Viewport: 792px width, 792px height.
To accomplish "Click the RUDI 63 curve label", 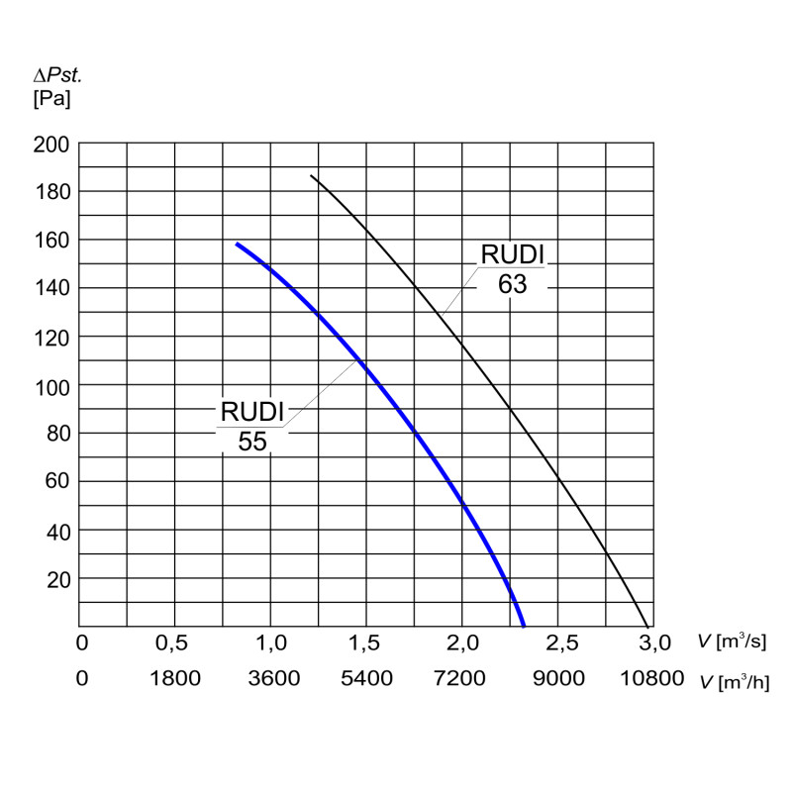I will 512,268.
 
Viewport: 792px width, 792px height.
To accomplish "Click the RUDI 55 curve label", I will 252,426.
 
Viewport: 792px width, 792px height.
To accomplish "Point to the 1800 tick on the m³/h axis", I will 174,679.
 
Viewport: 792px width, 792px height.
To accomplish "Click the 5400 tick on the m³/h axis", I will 366,679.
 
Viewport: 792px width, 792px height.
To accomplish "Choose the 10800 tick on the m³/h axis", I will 652,679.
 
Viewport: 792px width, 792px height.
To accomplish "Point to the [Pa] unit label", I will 52,98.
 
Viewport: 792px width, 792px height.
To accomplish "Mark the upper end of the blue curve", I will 236,243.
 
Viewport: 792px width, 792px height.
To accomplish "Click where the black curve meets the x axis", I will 648,627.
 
